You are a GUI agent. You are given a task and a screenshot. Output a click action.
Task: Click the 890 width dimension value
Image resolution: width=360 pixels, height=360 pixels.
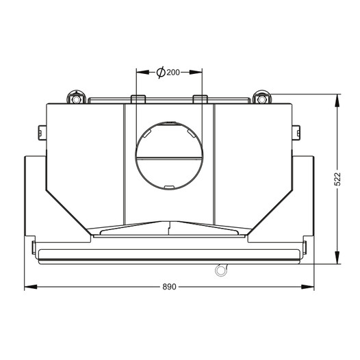[x=169, y=287]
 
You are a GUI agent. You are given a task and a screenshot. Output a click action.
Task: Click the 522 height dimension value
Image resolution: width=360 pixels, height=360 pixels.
[x=337, y=179]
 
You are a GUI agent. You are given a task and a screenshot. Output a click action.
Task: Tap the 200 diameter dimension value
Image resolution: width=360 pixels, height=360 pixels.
[x=173, y=73]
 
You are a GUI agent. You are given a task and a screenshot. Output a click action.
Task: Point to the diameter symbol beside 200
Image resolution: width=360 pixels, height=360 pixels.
[x=161, y=73]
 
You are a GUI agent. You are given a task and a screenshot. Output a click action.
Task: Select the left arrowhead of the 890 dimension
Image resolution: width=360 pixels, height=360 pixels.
[x=31, y=287]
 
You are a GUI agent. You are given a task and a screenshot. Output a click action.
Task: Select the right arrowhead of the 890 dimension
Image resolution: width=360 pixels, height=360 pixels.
[x=307, y=287]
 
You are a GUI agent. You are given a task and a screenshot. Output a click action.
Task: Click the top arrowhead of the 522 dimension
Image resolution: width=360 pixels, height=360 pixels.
[x=337, y=101]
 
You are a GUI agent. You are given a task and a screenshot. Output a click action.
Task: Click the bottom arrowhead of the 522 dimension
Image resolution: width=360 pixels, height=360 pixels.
[x=337, y=257]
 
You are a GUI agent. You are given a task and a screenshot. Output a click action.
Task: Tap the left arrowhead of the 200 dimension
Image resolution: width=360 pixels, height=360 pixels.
[x=142, y=73]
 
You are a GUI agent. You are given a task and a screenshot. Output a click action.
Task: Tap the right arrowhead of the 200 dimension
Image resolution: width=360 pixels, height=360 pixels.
[x=196, y=73]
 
